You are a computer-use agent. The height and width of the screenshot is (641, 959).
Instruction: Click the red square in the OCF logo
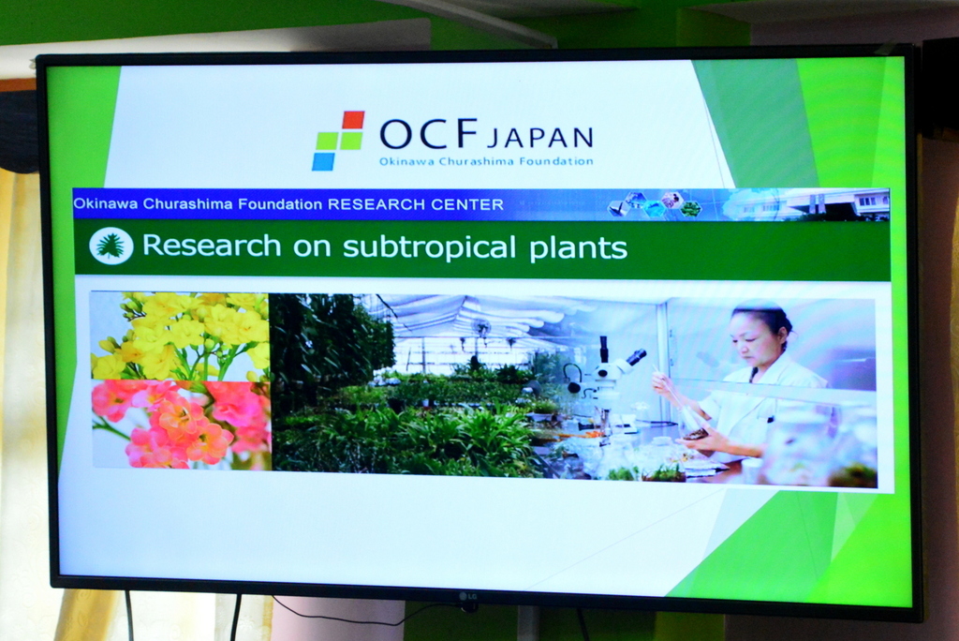[353, 120]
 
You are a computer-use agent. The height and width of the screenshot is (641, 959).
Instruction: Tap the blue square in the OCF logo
[323, 161]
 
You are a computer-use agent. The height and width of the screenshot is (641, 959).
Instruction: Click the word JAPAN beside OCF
[540, 138]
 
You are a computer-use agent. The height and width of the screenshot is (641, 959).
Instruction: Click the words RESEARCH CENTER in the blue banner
[416, 204]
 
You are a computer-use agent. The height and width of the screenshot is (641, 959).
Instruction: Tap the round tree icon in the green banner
[111, 246]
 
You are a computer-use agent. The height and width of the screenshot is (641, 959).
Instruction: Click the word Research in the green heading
[212, 246]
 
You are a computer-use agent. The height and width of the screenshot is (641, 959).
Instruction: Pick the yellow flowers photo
[180, 336]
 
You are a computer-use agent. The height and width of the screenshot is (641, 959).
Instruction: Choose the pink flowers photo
[181, 425]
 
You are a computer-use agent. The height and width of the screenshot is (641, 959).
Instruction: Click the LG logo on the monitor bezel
[468, 596]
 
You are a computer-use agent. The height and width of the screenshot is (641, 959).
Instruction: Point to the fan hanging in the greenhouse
[482, 329]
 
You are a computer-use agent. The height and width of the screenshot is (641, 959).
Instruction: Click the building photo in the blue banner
[807, 204]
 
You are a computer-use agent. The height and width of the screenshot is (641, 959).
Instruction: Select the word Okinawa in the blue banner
[106, 203]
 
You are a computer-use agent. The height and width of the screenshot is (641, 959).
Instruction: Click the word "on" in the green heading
[312, 248]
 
